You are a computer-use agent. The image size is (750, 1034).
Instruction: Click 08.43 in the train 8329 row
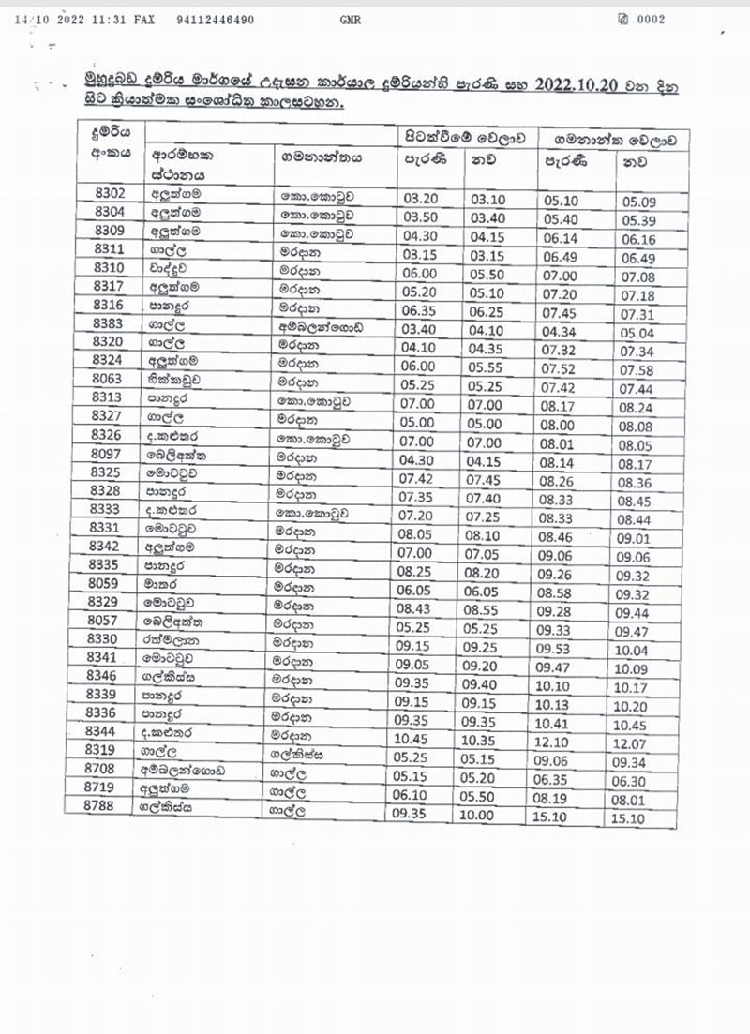(x=412, y=602)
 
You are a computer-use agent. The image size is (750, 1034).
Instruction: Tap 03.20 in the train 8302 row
(x=412, y=198)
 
